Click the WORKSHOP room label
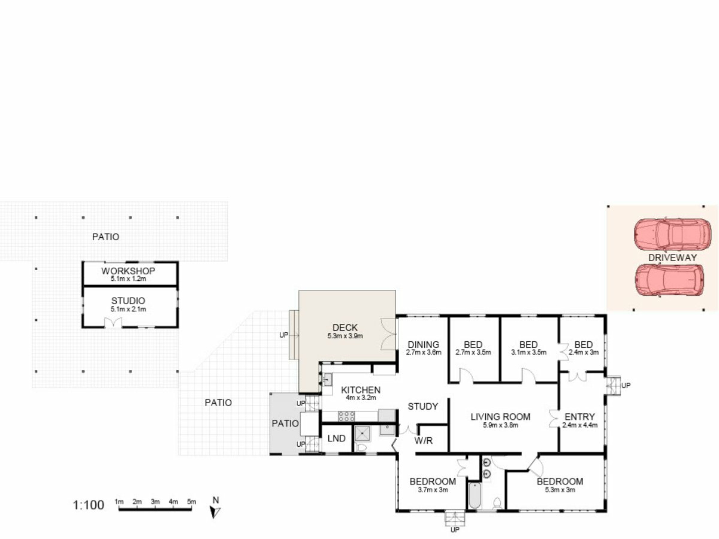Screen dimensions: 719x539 coord(128,271)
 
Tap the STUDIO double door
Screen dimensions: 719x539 coord(113,323)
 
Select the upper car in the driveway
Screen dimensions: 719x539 coord(672,235)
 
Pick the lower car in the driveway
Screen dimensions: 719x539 coord(669,281)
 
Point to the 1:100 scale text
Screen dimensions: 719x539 coord(88,505)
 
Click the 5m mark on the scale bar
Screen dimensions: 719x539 coord(191,502)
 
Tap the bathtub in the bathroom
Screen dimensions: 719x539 coord(474,496)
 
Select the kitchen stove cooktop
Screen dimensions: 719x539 coord(347,416)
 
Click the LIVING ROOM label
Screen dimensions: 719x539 coord(500,417)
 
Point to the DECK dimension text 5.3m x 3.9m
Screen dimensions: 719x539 coord(345,336)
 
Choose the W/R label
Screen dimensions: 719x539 coord(424,441)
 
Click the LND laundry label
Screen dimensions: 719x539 coord(336,438)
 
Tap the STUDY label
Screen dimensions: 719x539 coord(423,406)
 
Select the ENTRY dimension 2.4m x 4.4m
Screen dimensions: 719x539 coord(580,425)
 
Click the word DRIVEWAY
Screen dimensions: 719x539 coord(673,258)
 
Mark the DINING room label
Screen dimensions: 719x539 coord(424,344)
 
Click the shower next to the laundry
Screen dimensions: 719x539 coord(362,433)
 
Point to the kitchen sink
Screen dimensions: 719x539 coord(327,380)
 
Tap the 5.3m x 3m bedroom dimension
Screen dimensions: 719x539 coord(560,490)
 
